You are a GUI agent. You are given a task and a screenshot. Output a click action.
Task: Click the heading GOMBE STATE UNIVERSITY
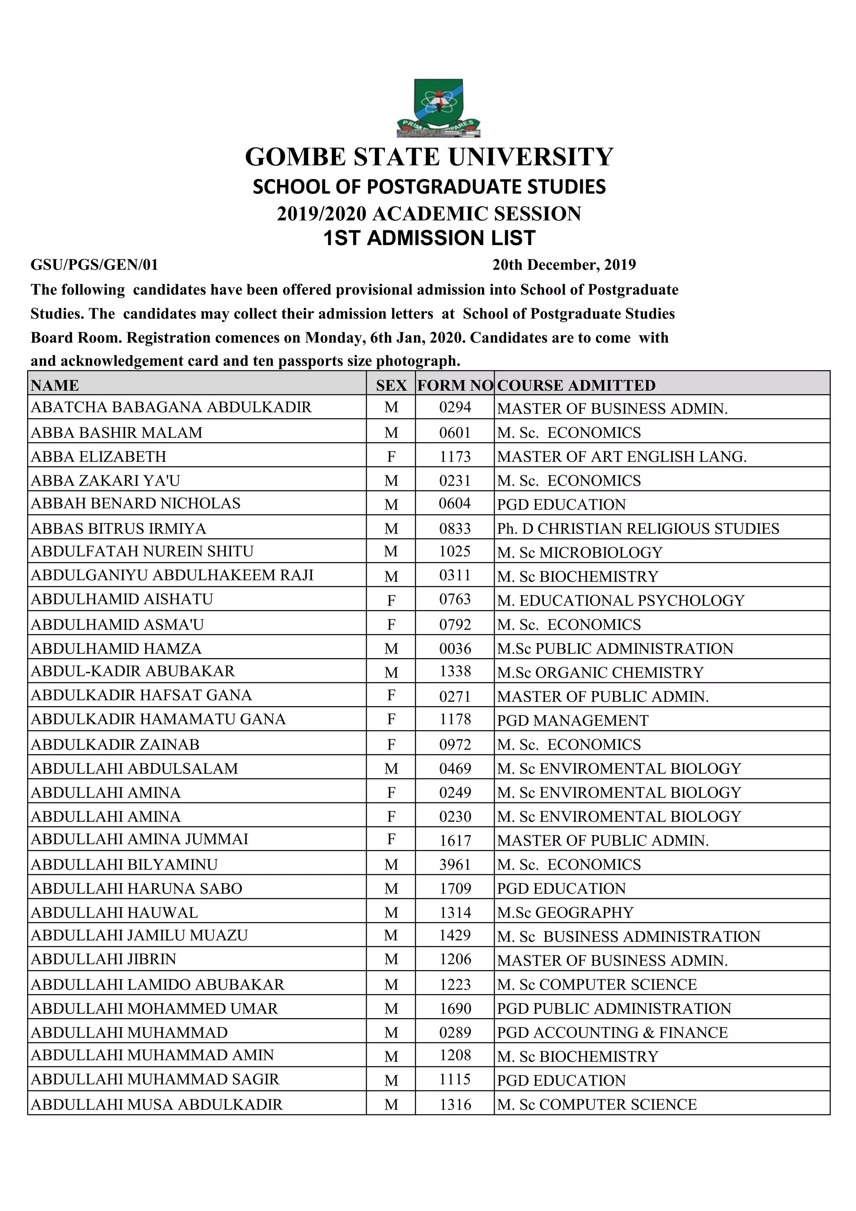pyautogui.click(x=429, y=157)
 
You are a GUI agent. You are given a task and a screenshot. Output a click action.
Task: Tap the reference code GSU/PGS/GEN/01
pyautogui.click(x=94, y=265)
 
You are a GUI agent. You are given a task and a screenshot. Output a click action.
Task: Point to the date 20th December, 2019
pyautogui.click(x=564, y=265)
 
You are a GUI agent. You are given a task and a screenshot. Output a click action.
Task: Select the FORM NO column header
pyautogui.click(x=455, y=386)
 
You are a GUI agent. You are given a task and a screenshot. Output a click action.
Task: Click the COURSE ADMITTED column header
pyautogui.click(x=576, y=386)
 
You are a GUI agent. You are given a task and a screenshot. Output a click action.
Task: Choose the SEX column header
pyautogui.click(x=391, y=386)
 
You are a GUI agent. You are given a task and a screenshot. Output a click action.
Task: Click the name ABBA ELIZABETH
pyautogui.click(x=99, y=456)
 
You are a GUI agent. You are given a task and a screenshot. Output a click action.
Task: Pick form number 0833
pyautogui.click(x=455, y=529)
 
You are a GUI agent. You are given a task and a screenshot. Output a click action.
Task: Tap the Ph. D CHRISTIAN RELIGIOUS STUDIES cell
pyautogui.click(x=638, y=529)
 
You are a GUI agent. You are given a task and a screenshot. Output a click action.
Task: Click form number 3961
pyautogui.click(x=455, y=864)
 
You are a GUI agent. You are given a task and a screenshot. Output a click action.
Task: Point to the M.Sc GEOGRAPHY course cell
pyautogui.click(x=565, y=912)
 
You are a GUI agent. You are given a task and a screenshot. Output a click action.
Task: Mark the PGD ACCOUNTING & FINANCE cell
pyautogui.click(x=612, y=1032)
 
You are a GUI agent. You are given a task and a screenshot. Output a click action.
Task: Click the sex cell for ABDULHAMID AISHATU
pyautogui.click(x=391, y=600)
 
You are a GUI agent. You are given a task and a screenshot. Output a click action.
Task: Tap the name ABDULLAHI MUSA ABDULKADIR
pyautogui.click(x=157, y=1104)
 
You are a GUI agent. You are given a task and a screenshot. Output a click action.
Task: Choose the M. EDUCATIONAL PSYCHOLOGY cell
pyautogui.click(x=620, y=600)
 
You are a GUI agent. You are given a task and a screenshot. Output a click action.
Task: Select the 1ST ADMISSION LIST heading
pyautogui.click(x=429, y=238)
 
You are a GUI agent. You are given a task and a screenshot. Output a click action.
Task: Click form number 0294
pyautogui.click(x=455, y=407)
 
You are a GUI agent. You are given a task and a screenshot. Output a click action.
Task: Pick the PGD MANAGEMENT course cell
pyautogui.click(x=573, y=720)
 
